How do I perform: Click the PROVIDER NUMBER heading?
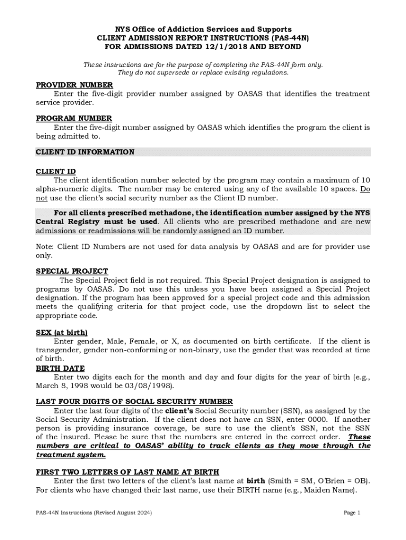[x=74, y=85]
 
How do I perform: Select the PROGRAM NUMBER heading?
[x=74, y=119]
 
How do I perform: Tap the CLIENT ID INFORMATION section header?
[x=85, y=152]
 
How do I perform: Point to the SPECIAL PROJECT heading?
[x=72, y=272]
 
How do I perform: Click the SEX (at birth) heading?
[x=62, y=333]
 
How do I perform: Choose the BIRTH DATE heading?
[x=60, y=368]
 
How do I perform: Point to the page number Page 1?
[x=352, y=513]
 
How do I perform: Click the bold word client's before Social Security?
[x=180, y=411]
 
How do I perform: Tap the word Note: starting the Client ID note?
[x=45, y=247]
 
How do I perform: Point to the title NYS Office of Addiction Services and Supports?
[x=203, y=29]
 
